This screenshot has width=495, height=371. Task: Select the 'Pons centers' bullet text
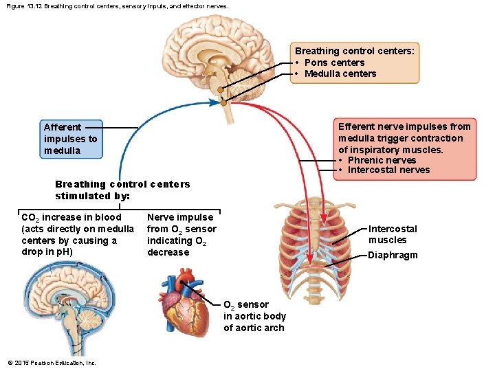point(335,63)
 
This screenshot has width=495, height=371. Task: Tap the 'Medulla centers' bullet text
point(340,74)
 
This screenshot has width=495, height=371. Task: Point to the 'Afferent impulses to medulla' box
point(71,139)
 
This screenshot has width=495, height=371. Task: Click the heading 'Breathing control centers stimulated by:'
point(122,190)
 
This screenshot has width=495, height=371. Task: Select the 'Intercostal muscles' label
point(393,234)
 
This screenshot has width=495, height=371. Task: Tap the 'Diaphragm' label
point(393,256)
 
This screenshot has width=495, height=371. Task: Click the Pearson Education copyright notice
point(52,363)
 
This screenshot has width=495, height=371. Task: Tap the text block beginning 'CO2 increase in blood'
point(78,235)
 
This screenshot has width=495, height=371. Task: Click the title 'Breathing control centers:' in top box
point(354,51)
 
